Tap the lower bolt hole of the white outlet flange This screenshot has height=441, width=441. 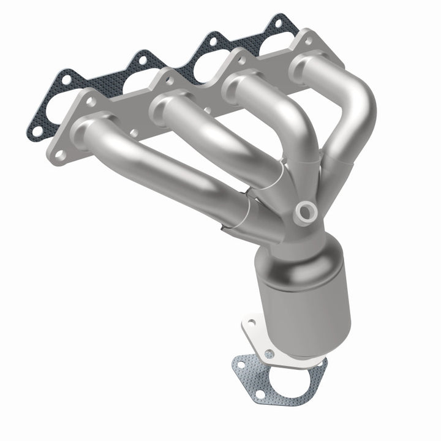269,354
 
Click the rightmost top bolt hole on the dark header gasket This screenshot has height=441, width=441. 279,23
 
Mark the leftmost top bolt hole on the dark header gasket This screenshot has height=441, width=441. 64,78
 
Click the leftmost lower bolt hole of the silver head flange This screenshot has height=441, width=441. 61,157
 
